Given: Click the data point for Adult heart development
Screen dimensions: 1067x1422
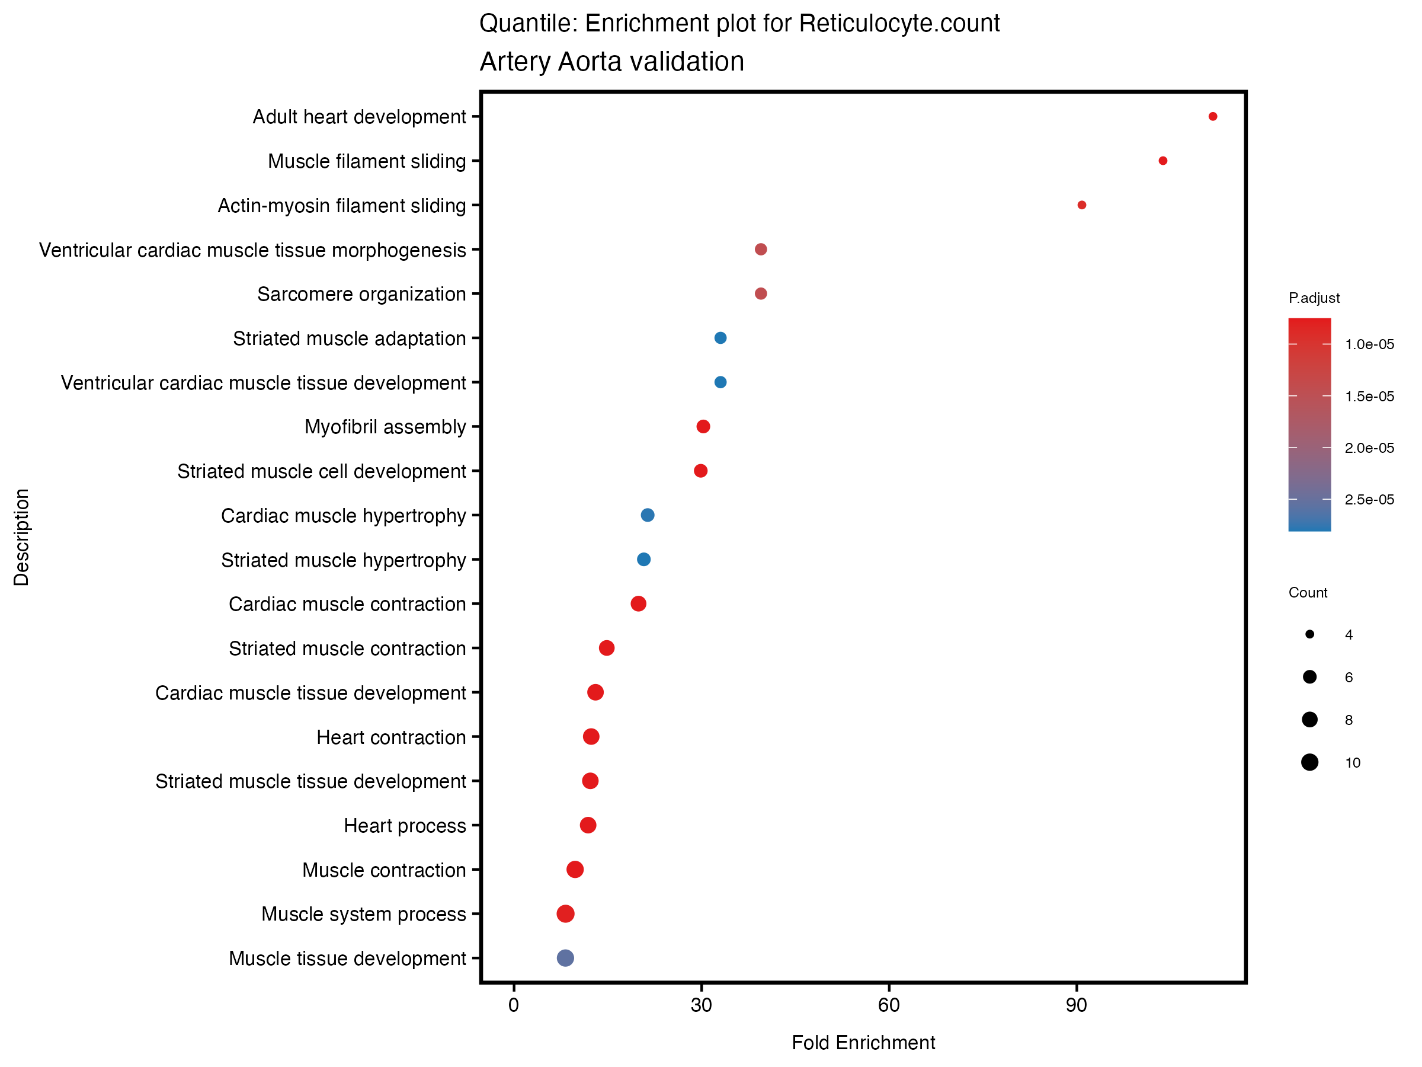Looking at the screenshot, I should click(x=1212, y=116).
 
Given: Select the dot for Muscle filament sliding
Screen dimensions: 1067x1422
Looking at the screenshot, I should click(x=1163, y=161).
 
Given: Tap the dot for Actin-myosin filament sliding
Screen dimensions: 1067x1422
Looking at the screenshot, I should click(x=1082, y=205).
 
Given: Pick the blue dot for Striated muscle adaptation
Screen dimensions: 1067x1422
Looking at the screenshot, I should click(x=720, y=338).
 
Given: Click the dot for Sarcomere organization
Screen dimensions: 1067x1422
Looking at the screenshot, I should click(x=761, y=294).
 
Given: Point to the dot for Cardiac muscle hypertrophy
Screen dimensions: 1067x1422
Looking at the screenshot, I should click(x=648, y=515).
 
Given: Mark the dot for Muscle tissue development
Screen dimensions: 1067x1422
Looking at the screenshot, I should click(x=565, y=959).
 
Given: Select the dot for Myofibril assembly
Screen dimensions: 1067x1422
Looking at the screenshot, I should click(x=703, y=426).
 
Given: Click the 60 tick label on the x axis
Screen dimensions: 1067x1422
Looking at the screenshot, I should click(x=888, y=1006).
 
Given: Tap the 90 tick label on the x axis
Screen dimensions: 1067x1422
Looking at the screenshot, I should click(x=1076, y=1006).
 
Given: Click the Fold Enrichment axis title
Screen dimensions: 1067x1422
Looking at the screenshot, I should click(x=863, y=1043).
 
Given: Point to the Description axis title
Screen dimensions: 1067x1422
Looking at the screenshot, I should click(x=21, y=537).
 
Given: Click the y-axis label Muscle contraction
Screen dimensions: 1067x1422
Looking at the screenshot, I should click(x=384, y=870).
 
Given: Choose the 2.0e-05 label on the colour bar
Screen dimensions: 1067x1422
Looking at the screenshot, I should click(x=1369, y=448).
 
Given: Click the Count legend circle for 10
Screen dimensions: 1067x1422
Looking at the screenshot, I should click(x=1309, y=763).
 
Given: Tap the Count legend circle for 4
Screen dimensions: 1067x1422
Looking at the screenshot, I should click(x=1309, y=635).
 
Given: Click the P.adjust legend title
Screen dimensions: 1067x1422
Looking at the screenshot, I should click(x=1314, y=298).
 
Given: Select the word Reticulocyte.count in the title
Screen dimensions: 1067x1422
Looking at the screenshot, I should click(x=899, y=24).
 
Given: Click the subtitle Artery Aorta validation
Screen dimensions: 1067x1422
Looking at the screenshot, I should click(x=611, y=62).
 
